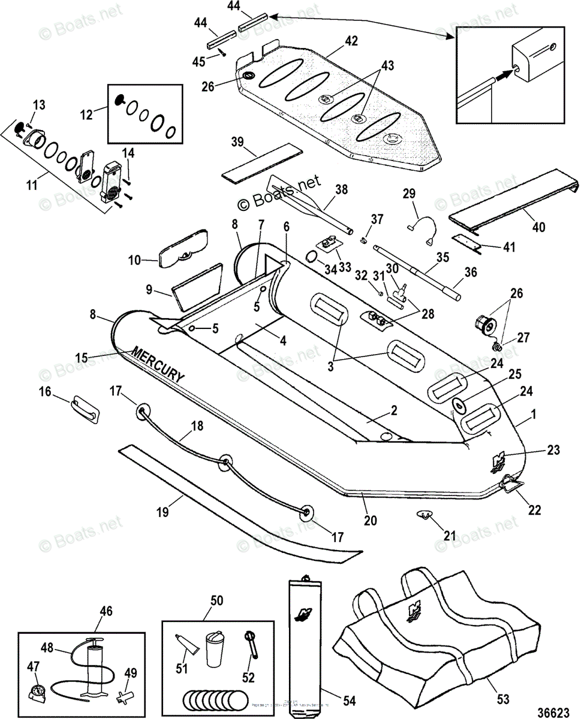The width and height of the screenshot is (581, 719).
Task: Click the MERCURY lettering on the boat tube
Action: [156, 364]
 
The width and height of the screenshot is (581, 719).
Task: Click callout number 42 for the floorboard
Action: [351, 41]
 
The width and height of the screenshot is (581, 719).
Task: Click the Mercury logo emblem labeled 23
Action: [498, 460]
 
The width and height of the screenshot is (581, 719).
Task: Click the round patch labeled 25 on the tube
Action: [460, 405]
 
